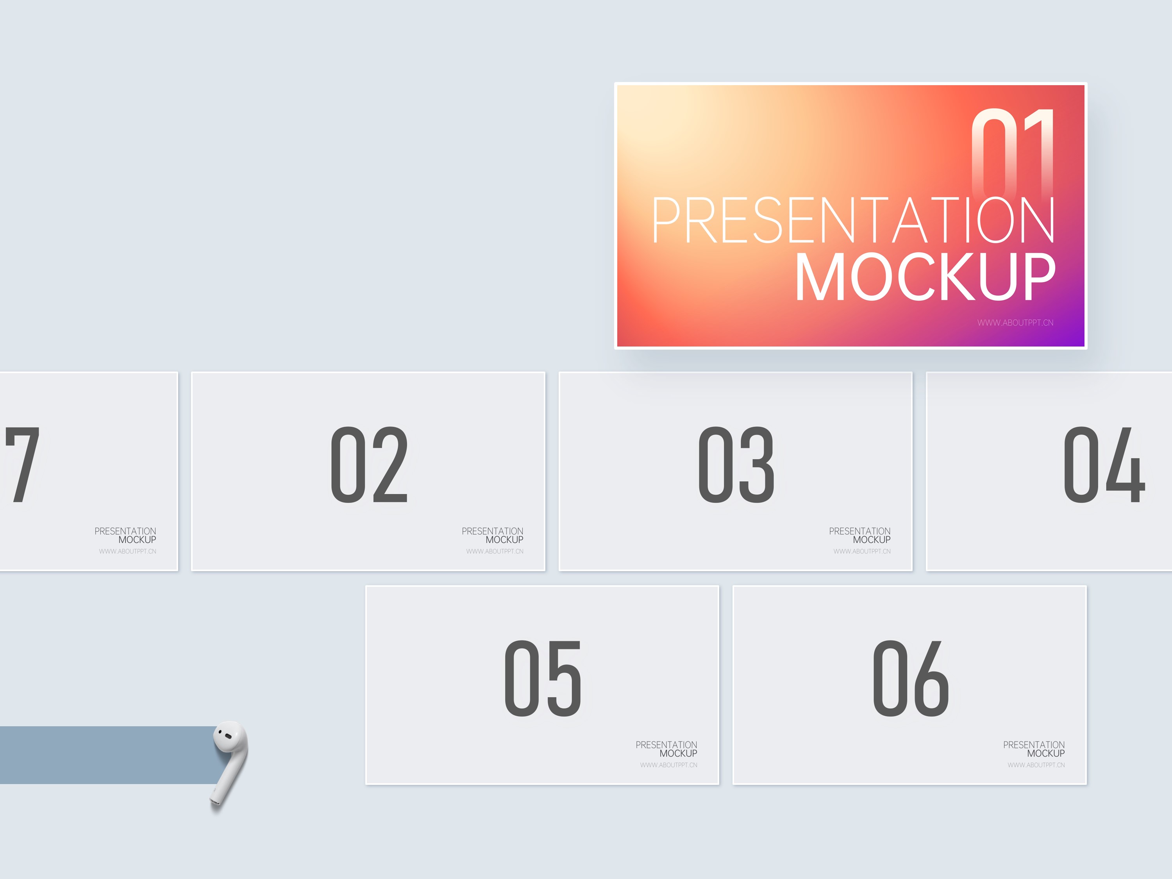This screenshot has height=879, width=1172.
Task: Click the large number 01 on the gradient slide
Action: [1013, 154]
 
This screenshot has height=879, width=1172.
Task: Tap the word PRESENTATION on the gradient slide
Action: [854, 220]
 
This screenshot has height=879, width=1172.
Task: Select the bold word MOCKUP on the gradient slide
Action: [925, 277]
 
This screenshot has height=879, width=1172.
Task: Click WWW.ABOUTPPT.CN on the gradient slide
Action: [1015, 323]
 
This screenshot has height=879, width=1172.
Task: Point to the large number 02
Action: [369, 465]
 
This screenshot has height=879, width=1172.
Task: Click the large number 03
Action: [736, 465]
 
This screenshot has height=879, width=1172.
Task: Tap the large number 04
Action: [1104, 465]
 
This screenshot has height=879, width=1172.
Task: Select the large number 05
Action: [543, 678]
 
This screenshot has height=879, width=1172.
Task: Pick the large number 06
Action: [911, 678]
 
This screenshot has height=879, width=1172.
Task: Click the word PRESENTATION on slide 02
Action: [492, 531]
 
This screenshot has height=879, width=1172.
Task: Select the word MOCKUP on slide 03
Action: [872, 540]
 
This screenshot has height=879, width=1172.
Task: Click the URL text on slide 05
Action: [669, 765]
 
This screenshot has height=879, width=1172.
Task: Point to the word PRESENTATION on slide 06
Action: [1034, 745]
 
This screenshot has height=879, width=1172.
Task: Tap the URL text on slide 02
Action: [495, 552]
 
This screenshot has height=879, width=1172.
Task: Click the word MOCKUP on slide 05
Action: [678, 754]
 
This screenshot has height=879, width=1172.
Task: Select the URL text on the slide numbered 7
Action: [128, 552]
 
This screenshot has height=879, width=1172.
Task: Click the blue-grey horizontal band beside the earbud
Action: [109, 755]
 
